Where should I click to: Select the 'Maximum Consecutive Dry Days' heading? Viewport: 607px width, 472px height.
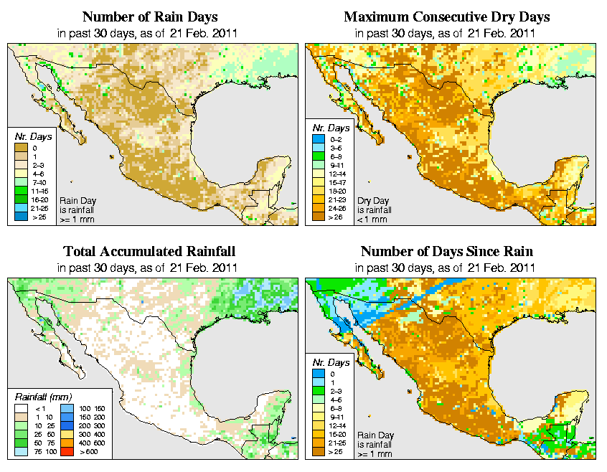point(447,16)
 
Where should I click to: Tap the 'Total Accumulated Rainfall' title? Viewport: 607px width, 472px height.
point(149,252)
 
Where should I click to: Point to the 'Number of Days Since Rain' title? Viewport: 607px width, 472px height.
point(447,252)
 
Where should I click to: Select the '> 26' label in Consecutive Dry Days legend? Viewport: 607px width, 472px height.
point(334,217)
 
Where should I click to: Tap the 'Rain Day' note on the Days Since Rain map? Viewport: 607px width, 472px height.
point(373,435)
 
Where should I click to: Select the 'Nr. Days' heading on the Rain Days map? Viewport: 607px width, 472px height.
point(30,136)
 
